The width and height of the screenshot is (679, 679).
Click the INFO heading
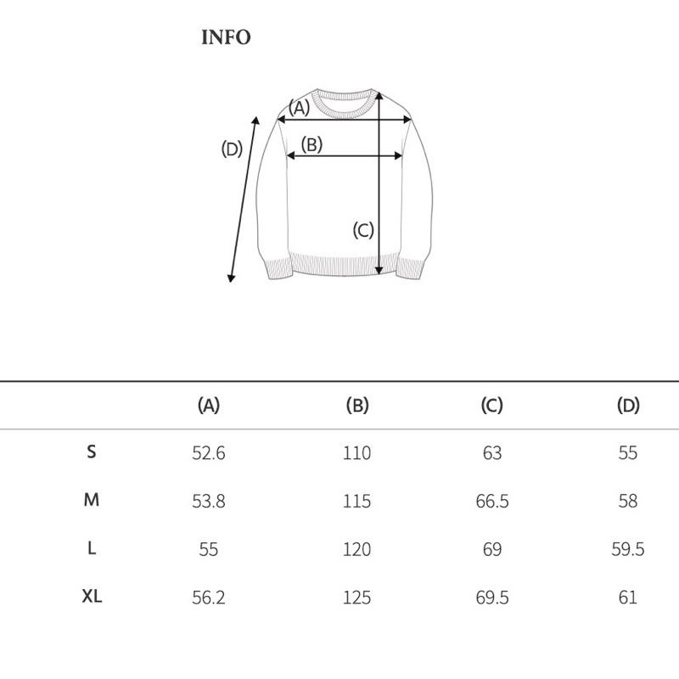point(226,37)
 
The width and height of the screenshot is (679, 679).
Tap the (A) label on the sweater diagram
point(299,108)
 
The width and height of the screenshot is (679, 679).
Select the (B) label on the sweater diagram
point(312,144)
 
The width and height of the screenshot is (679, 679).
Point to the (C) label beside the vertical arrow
point(363,229)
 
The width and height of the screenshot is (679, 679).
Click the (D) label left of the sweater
point(232,149)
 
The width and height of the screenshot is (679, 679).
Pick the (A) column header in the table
point(208,406)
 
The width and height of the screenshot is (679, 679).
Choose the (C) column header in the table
point(492,406)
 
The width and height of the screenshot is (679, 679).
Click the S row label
point(92,452)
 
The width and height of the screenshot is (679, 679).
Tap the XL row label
point(92,597)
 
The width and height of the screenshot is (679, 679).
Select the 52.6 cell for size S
point(208,453)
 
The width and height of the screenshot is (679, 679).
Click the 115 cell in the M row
point(357,502)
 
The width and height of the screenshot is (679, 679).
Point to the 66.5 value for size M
point(492,502)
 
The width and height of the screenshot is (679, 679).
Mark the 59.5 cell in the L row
point(627,550)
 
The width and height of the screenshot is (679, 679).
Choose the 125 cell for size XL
point(357,598)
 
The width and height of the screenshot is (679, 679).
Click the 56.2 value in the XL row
point(208,598)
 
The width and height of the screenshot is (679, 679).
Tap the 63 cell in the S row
point(492,453)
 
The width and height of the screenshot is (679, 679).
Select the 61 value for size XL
point(627,598)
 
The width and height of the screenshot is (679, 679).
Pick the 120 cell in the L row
point(357,550)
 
